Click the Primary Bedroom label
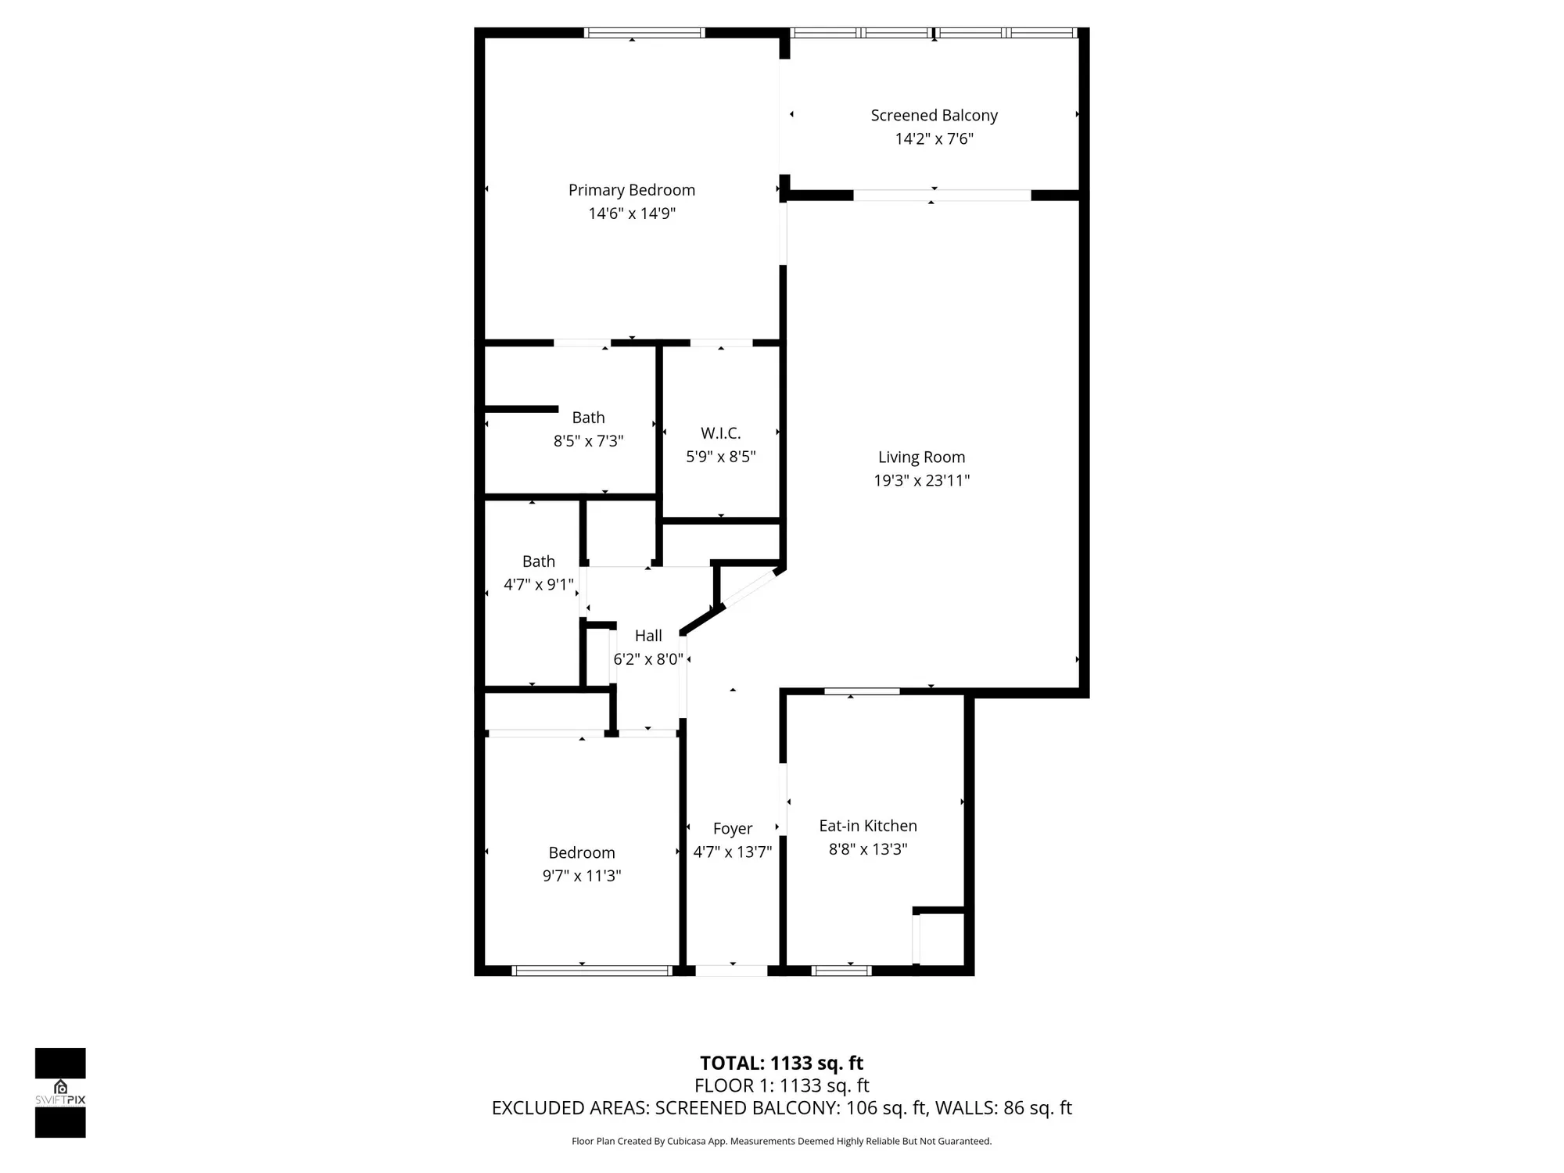coord(631,190)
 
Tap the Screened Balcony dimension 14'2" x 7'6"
coord(934,139)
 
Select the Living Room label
coord(921,457)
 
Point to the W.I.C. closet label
coord(720,433)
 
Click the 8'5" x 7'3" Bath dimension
coord(588,441)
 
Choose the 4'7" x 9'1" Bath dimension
coord(538,585)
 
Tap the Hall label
coord(648,636)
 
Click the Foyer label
coord(732,828)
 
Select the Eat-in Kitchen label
coord(867,826)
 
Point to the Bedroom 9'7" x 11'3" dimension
coord(582,876)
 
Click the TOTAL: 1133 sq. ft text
coord(781,1064)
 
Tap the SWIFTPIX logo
coord(60,1092)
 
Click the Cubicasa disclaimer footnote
coord(781,1142)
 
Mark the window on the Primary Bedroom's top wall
coord(644,33)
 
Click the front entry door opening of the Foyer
coord(731,970)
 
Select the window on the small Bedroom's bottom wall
coord(592,970)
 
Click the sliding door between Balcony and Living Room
coord(942,195)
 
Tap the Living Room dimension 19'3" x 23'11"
coord(921,481)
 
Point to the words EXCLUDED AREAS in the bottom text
coord(569,1108)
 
